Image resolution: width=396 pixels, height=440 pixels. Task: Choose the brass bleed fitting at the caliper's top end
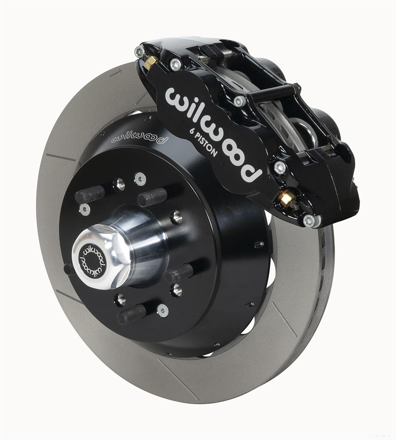[151, 62]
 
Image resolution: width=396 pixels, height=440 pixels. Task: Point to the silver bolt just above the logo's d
[280, 167]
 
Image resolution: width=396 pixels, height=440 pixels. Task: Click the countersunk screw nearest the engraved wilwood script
[103, 133]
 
